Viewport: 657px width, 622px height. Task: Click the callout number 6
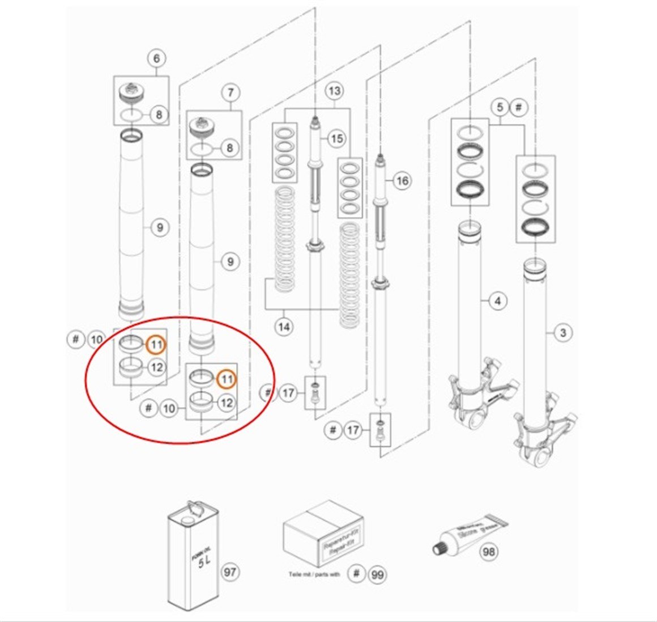coord(156,58)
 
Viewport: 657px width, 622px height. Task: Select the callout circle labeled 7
coord(231,92)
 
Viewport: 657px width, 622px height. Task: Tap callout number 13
coord(334,91)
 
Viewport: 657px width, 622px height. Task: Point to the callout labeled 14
coord(284,327)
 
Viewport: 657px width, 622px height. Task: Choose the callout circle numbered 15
coord(336,138)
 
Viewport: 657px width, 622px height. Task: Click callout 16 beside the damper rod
coord(402,181)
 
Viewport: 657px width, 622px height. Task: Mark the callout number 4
coord(497,301)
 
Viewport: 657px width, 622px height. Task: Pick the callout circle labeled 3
coord(562,332)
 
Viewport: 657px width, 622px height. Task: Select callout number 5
coord(499,107)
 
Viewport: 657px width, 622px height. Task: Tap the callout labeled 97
coord(229,572)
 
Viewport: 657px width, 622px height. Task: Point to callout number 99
coord(377,575)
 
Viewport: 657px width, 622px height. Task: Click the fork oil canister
coord(193,556)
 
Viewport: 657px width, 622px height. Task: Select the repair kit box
coord(322,533)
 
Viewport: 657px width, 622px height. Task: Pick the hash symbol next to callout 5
coord(519,107)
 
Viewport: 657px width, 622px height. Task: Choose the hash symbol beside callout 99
coord(356,574)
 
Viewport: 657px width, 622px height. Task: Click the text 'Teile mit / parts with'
coord(314,574)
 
